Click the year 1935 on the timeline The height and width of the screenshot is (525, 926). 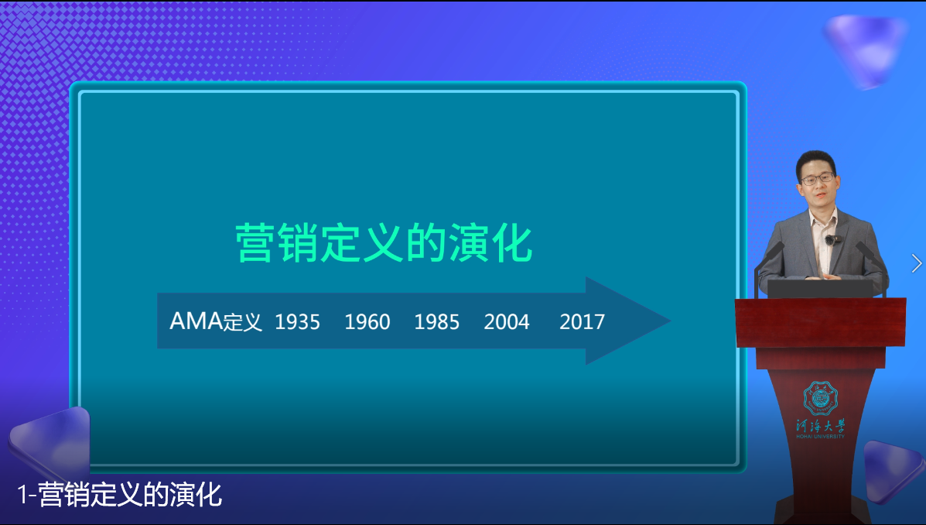pos(297,321)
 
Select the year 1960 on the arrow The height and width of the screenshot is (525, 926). pos(367,321)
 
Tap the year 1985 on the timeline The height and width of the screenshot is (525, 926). pos(436,321)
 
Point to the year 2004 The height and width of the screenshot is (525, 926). pos(507,321)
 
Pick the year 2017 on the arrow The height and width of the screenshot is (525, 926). pos(582,321)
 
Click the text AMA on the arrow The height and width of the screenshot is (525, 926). pos(196,321)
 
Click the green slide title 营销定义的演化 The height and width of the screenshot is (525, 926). pos(384,243)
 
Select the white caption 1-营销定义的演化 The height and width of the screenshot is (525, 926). pos(120,494)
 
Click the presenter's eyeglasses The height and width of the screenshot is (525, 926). pos(818,179)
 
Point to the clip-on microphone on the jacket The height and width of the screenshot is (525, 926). pos(830,240)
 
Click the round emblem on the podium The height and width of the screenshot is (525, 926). pos(820,397)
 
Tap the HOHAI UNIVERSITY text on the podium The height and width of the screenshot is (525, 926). pos(820,436)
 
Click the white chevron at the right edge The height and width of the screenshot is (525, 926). pos(917,263)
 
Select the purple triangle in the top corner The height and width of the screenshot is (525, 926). pos(865,46)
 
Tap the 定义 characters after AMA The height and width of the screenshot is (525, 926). pos(243,322)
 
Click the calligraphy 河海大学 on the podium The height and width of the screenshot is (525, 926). pos(820,424)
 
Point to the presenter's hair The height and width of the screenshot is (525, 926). pos(815,159)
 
